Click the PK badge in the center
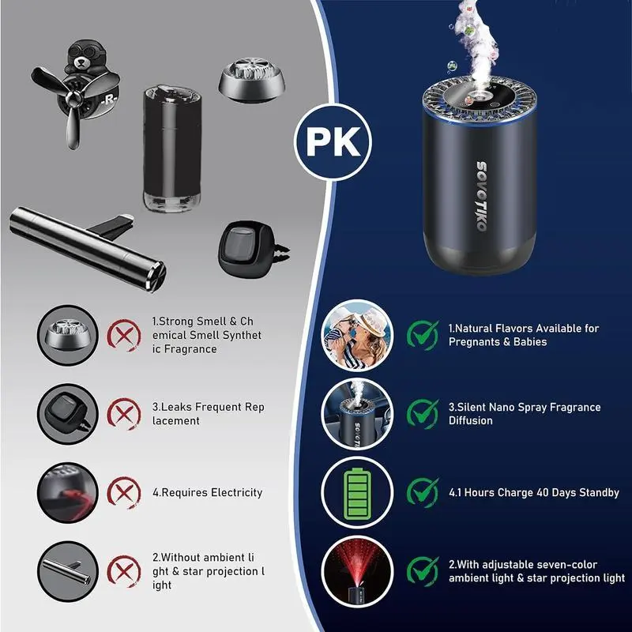[x=333, y=141]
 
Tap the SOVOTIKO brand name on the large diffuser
[x=481, y=196]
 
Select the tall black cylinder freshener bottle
[x=172, y=148]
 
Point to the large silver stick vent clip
[x=88, y=246]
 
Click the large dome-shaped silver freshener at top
[x=252, y=80]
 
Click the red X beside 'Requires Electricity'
[x=124, y=492]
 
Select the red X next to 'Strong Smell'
[x=124, y=335]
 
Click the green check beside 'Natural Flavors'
[x=423, y=334]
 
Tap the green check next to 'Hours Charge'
[x=423, y=492]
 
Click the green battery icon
[x=357, y=492]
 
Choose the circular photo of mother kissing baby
[x=357, y=335]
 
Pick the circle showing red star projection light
[x=357, y=570]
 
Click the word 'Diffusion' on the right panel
[x=470, y=420]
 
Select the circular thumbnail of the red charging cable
[x=68, y=492]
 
